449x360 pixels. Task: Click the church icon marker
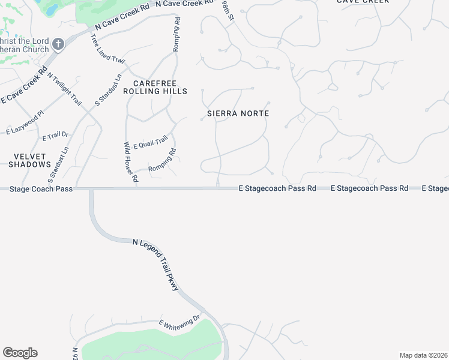[58, 44]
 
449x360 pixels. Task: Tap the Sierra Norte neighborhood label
[238, 113]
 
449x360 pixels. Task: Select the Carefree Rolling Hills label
[155, 87]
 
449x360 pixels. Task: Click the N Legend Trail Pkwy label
[156, 265]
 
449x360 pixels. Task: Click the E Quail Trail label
[150, 143]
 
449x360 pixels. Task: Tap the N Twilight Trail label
[64, 88]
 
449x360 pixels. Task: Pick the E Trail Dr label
[56, 136]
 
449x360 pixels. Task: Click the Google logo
[20, 353]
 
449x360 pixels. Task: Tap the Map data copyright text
[423, 355]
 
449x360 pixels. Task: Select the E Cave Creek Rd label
[25, 86]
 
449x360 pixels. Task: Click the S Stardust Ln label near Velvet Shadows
[58, 163]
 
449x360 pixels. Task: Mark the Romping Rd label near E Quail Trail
[161, 160]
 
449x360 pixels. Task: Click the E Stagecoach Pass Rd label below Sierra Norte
[277, 188]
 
